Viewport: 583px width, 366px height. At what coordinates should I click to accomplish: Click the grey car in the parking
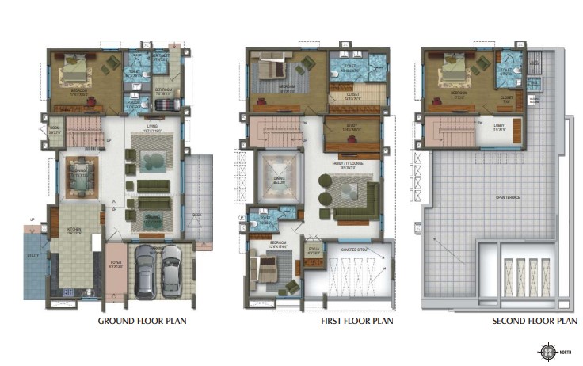(x=145, y=272)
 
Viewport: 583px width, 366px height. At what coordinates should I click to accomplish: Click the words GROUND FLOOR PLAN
(x=142, y=322)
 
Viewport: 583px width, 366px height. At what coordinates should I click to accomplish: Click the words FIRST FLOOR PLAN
(x=356, y=322)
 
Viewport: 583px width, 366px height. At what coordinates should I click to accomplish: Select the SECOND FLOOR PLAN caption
(x=534, y=322)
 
